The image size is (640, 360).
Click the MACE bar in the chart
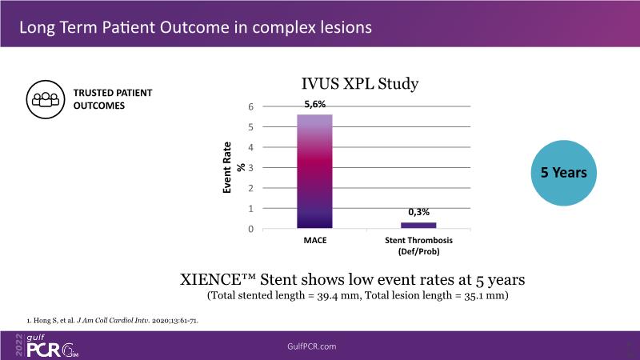314,171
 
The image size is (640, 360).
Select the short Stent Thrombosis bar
418,225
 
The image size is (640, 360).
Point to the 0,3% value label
418,212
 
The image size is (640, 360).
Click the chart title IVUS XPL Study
360,83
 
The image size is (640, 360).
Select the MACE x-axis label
314,240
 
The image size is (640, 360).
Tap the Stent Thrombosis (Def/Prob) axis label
418,245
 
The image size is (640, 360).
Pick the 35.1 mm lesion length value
491,296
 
